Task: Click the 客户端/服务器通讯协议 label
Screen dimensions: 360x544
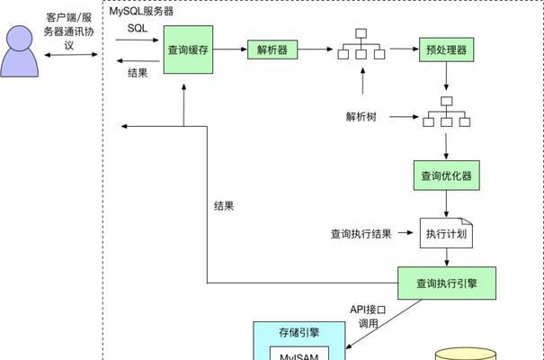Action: tap(69, 31)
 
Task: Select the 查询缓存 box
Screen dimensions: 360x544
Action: tap(189, 50)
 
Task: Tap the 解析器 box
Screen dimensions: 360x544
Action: tap(272, 50)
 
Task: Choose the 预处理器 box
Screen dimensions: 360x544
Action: tap(446, 50)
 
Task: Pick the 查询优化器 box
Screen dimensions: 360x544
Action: tap(446, 175)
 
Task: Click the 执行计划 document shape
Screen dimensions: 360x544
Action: tap(447, 234)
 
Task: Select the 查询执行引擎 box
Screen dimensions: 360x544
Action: tap(446, 283)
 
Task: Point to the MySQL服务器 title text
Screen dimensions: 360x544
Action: tap(142, 12)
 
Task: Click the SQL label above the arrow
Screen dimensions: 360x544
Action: tap(138, 28)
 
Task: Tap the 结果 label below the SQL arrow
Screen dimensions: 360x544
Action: tap(138, 73)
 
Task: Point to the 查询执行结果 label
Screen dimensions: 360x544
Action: tap(361, 235)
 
